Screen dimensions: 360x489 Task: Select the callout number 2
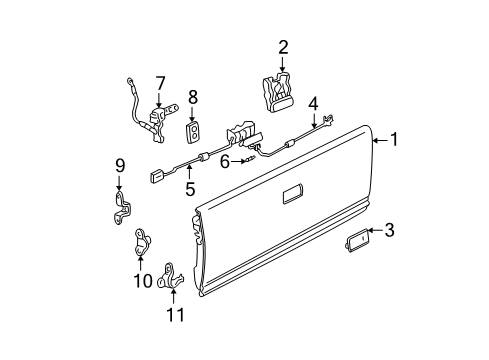click(x=283, y=46)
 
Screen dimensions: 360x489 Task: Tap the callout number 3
click(x=389, y=259)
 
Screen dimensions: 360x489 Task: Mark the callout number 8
click(x=194, y=98)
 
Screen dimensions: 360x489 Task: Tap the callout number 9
click(x=118, y=166)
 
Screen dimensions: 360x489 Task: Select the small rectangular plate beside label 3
click(x=359, y=266)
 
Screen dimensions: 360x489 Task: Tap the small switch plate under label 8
click(x=194, y=131)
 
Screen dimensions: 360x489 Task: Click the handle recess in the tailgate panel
click(x=297, y=195)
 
